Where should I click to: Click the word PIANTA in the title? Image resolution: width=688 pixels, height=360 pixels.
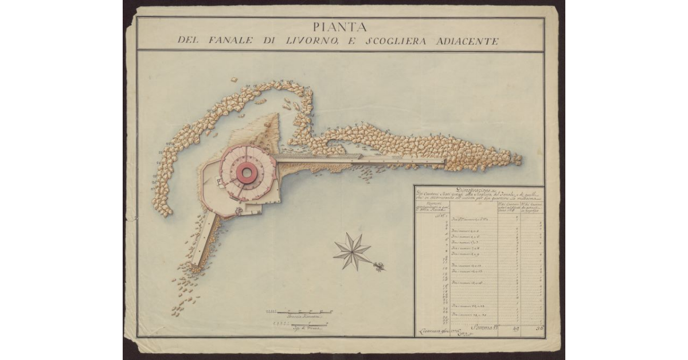tap(341, 26)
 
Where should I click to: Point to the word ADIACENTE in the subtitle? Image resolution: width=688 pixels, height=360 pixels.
tap(466, 41)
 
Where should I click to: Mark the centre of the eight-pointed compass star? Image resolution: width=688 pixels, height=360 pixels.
tap(353, 251)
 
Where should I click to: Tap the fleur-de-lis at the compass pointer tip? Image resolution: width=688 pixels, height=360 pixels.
tap(380, 266)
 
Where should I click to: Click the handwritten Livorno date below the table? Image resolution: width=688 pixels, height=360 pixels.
tap(435, 330)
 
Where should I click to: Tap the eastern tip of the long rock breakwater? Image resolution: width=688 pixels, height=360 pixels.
tap(518, 159)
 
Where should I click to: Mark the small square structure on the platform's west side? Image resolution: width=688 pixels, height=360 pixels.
tap(219, 182)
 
